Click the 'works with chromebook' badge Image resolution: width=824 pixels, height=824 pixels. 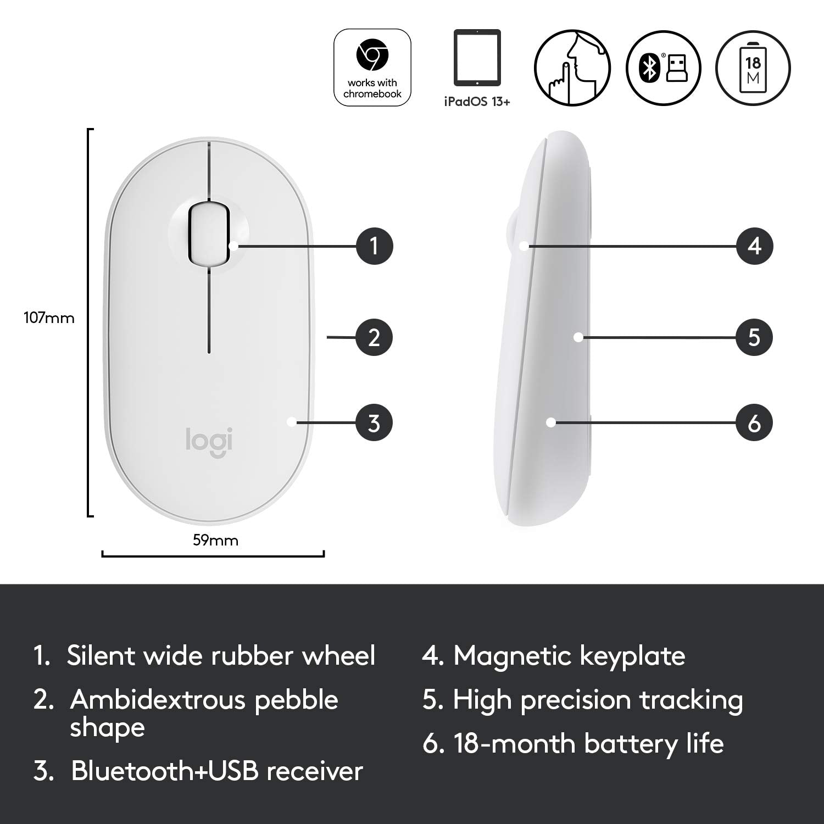tap(372, 68)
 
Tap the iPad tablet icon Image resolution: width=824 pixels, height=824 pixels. tap(477, 57)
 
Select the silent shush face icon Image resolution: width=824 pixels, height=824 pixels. tap(572, 68)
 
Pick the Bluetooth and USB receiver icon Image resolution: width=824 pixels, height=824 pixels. tap(664, 68)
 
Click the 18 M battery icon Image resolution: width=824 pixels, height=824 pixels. tap(753, 68)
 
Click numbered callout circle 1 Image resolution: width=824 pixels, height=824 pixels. tap(375, 246)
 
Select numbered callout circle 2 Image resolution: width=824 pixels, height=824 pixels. tap(374, 337)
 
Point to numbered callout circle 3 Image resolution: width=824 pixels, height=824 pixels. tap(374, 423)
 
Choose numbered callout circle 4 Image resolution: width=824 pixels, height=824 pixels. tap(755, 246)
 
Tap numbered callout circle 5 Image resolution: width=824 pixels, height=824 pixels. tap(754, 337)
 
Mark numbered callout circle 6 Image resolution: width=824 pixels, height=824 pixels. tap(754, 423)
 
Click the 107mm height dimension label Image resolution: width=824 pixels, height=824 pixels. tap(49, 318)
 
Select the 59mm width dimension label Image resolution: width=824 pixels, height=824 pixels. tap(215, 541)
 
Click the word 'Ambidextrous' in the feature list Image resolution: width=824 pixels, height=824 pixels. tap(157, 700)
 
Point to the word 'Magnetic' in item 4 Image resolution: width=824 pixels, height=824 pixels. tap(513, 656)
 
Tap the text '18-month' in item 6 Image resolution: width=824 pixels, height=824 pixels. tap(514, 744)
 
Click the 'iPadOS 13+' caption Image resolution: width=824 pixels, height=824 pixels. tap(477, 102)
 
